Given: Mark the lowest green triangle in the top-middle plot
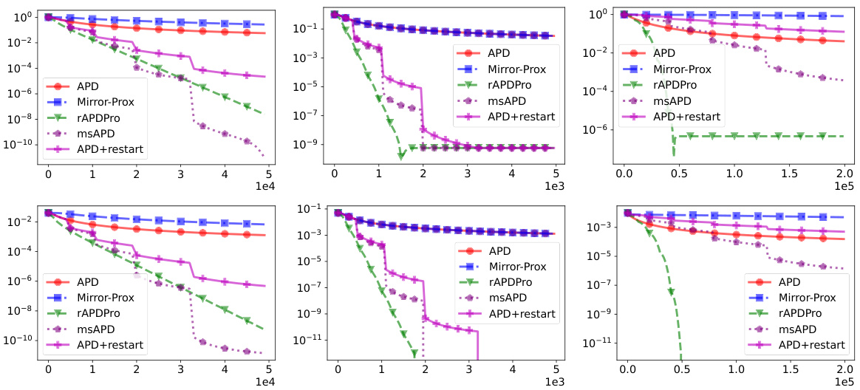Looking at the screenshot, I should tap(400, 156).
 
